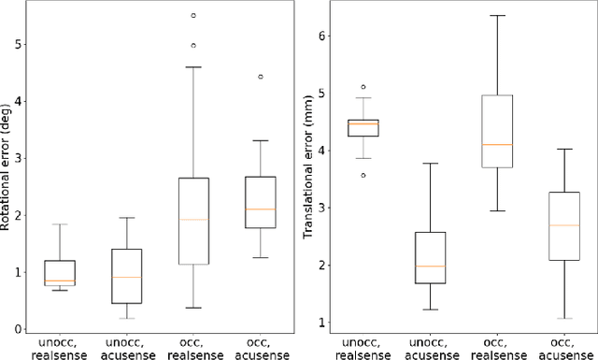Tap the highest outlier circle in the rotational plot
pyautogui.click(x=193, y=16)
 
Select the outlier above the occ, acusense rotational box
pyautogui.click(x=261, y=77)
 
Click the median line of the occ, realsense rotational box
pyautogui.click(x=193, y=220)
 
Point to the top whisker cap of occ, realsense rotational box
pyautogui.click(x=193, y=66)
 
